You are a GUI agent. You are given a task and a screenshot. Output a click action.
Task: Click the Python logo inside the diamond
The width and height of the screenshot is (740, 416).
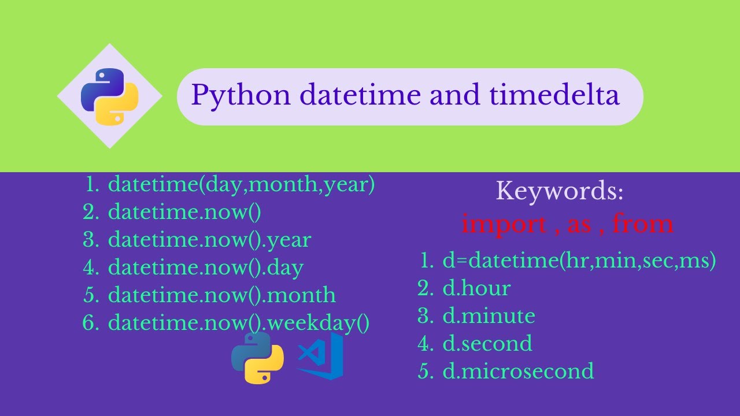(109, 96)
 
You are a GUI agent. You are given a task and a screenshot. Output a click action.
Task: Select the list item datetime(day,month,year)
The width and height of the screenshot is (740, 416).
(242, 185)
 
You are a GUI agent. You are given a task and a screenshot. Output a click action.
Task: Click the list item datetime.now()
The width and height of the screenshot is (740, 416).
(184, 212)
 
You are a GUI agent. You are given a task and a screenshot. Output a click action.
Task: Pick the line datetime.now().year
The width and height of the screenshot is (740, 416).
(209, 240)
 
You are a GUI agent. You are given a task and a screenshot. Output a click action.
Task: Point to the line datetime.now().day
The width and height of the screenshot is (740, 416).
(206, 268)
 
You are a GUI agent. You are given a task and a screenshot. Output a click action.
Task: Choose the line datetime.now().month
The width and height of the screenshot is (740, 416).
(222, 295)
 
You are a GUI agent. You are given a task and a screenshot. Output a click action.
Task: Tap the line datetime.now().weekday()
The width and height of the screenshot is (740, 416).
(238, 322)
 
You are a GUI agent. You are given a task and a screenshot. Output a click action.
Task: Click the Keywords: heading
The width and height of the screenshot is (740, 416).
(560, 191)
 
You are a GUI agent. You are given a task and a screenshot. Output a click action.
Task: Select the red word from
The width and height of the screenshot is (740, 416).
(643, 224)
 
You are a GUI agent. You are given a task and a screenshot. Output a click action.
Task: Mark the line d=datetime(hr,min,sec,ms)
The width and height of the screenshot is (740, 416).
(579, 261)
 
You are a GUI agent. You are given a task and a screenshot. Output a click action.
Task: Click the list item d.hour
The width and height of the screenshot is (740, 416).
(476, 288)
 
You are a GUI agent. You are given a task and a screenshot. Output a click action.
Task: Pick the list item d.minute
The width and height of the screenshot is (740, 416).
(489, 316)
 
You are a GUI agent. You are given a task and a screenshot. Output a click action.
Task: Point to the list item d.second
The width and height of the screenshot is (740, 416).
(487, 344)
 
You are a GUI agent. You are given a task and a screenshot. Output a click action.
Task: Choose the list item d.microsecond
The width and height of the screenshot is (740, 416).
(518, 371)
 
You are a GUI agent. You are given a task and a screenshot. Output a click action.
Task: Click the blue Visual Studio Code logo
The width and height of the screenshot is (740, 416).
(321, 356)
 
